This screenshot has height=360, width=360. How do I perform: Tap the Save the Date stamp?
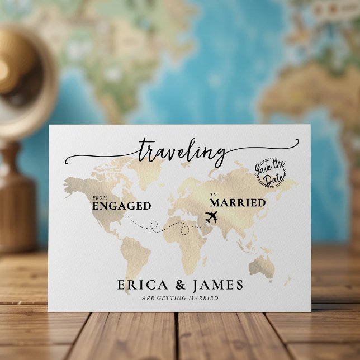[271, 173]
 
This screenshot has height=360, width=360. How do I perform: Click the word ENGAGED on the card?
[121, 206]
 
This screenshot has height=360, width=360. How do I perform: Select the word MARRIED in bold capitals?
[237, 202]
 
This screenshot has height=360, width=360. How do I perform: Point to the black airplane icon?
[213, 217]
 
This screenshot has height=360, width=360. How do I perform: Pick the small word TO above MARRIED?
[212, 195]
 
